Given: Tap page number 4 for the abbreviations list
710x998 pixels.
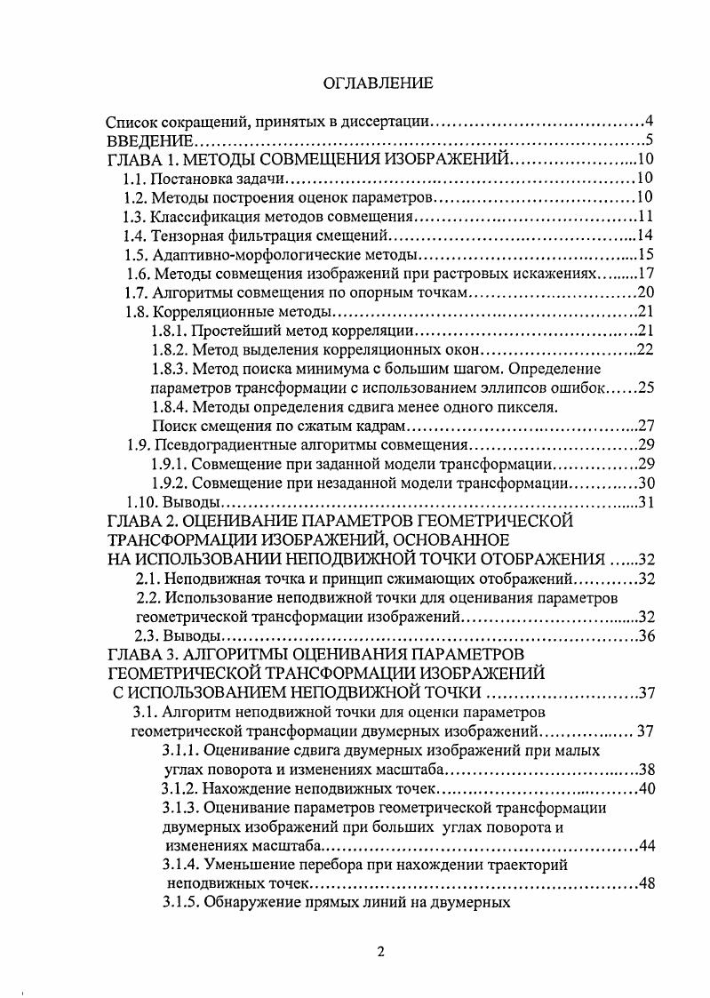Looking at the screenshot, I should (650, 121).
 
